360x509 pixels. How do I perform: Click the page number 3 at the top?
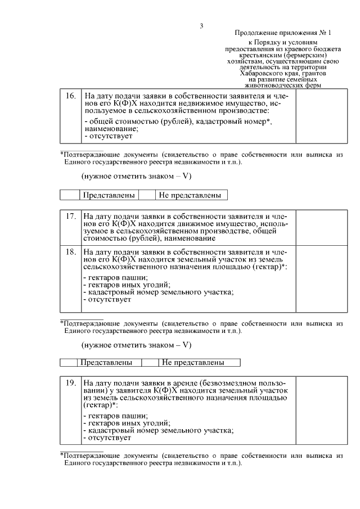point(201,25)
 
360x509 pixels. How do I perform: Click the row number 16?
point(70,96)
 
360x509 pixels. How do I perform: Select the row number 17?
point(70,216)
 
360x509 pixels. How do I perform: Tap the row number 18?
point(70,251)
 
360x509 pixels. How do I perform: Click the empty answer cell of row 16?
point(319,116)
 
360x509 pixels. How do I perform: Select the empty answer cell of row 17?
point(319,227)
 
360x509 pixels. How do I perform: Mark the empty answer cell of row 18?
point(319,279)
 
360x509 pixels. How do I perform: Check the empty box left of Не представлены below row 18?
point(150,362)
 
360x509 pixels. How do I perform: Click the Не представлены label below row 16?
point(191,195)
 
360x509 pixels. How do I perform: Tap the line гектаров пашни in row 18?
point(115,277)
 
